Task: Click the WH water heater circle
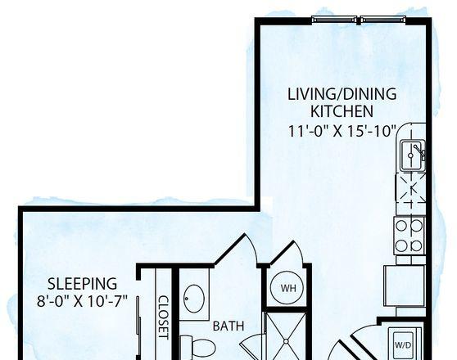(287, 288)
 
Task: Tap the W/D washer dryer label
(403, 345)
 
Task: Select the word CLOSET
(163, 317)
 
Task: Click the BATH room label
(228, 326)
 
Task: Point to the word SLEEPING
(82, 284)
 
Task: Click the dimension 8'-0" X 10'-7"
(83, 301)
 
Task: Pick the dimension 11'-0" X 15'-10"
(342, 131)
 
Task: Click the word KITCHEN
(342, 111)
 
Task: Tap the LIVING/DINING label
(342, 94)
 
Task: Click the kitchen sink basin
(413, 155)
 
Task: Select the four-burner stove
(409, 236)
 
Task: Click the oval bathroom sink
(194, 299)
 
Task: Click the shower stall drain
(286, 341)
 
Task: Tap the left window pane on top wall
(334, 20)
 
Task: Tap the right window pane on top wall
(383, 20)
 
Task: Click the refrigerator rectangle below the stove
(405, 286)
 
